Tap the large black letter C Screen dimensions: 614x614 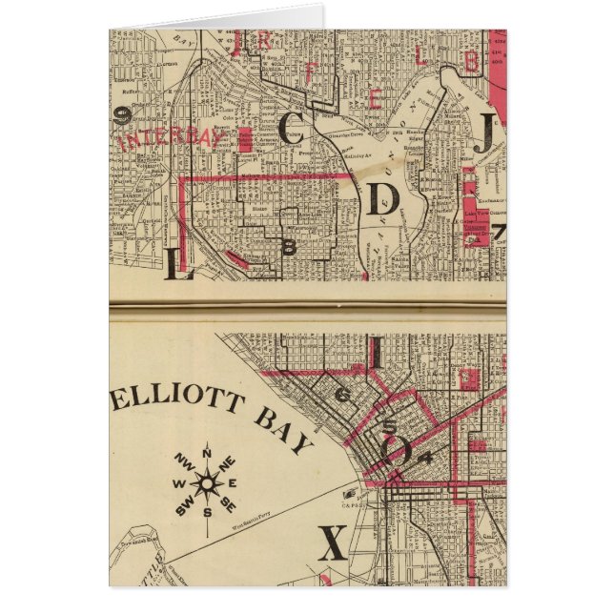[293, 128]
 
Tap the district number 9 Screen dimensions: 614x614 [122, 116]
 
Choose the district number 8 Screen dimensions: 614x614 [289, 247]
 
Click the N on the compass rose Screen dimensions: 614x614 [207, 451]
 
